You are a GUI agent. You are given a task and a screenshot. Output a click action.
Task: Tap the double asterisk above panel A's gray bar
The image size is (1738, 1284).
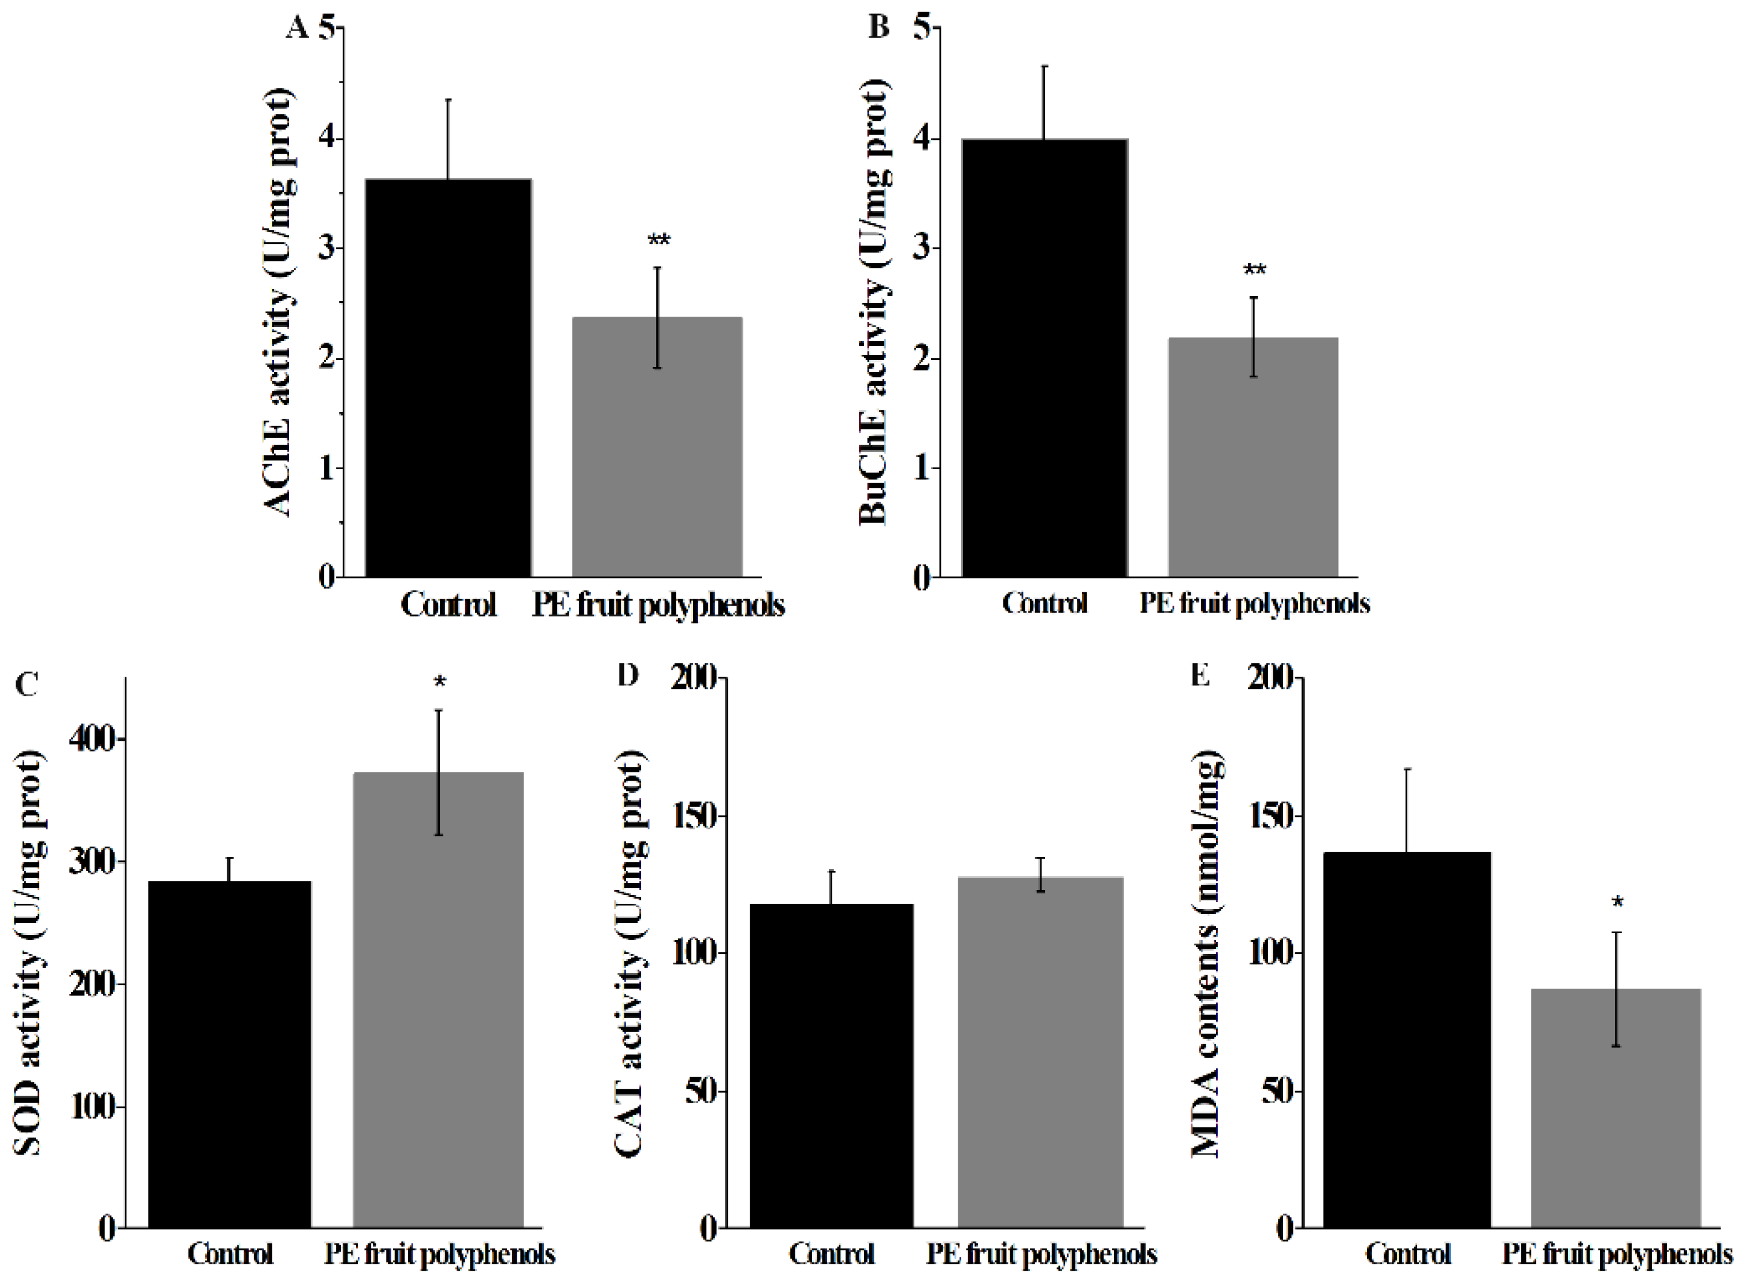pyautogui.click(x=658, y=240)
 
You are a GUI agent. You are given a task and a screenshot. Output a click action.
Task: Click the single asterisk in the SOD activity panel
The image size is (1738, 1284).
pyautogui.click(x=439, y=683)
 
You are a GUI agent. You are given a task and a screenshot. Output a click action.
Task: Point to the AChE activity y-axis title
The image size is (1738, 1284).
pyautogui.click(x=278, y=303)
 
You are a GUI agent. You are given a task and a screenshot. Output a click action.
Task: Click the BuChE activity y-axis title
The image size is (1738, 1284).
pyautogui.click(x=874, y=303)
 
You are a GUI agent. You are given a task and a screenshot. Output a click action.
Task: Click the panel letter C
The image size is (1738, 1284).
pyautogui.click(x=27, y=684)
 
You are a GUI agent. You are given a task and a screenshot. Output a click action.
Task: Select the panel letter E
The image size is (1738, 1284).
pyautogui.click(x=1201, y=676)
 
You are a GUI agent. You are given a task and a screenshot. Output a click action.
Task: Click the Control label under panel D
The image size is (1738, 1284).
pyautogui.click(x=831, y=1254)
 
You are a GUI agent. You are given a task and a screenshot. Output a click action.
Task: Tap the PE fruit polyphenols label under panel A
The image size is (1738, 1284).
pyautogui.click(x=658, y=604)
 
